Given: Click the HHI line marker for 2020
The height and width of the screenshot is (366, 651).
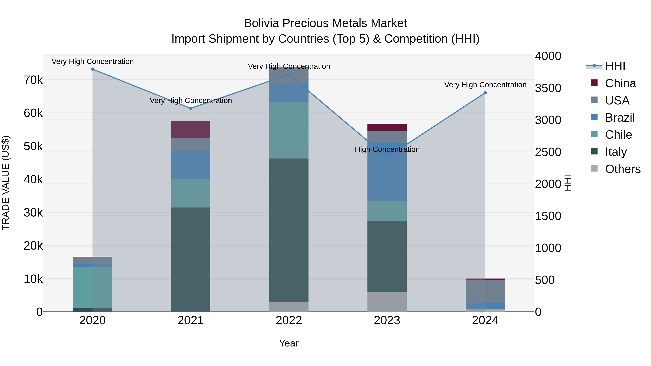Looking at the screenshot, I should [92, 69].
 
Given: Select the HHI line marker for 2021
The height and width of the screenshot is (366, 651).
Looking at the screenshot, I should [191, 108].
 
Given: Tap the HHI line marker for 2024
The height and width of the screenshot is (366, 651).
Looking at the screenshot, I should [485, 93].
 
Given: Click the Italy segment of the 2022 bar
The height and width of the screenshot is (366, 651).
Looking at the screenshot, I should [289, 230].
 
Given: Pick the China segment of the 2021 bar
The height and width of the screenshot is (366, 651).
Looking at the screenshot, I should [191, 129].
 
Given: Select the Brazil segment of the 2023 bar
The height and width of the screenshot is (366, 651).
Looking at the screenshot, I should [387, 177].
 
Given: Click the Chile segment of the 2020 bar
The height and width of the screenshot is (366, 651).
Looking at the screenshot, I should [92, 287].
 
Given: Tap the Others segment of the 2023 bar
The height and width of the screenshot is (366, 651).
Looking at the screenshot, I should [387, 302].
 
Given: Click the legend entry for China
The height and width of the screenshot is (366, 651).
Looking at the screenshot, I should [620, 83].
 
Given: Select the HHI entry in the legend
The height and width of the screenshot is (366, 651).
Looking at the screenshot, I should [615, 66].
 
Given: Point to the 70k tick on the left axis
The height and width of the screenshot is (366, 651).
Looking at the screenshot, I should [33, 80].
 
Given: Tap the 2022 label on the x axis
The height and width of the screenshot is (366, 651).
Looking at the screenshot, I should [289, 320].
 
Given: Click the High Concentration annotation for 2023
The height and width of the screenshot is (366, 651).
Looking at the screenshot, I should [387, 149].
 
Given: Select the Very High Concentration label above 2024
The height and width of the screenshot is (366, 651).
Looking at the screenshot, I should [485, 85].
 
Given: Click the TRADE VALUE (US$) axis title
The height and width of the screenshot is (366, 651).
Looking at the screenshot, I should [6, 183].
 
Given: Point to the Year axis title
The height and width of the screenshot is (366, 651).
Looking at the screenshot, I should [289, 343].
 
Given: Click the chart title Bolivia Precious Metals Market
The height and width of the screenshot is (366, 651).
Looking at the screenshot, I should [325, 23].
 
